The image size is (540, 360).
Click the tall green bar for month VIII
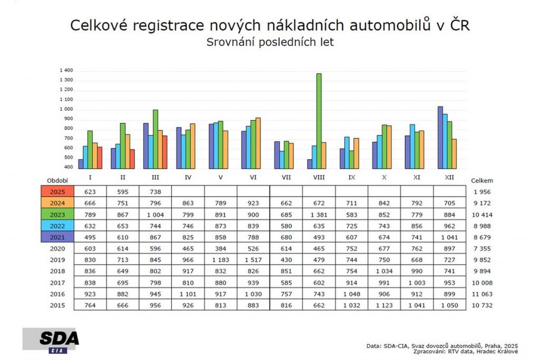319,121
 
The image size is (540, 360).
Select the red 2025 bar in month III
165,152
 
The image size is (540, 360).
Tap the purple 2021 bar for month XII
440,138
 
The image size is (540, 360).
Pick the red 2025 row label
57,191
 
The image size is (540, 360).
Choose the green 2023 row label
57,214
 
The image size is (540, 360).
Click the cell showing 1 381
319,215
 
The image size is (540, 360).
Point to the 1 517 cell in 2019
253,260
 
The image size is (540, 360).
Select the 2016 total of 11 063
482,294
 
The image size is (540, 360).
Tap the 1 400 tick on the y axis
66,71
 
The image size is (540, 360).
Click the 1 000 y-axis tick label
66,109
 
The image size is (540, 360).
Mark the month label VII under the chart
286,178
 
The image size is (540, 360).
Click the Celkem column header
482,180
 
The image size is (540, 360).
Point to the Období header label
57,180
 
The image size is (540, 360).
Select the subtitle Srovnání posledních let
270,43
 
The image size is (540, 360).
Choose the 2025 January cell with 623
90,191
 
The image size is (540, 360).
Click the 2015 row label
57,305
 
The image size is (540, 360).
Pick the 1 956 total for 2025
482,191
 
